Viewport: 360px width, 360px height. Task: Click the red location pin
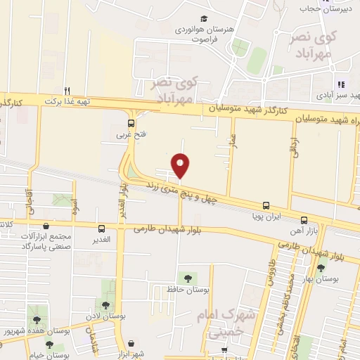coord(181,165)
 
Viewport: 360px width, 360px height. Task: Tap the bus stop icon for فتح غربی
coord(121,120)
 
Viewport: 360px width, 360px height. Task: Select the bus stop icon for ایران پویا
coord(266,205)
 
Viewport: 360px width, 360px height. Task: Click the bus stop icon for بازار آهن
coord(304,219)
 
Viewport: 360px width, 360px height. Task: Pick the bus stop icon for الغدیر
coord(102,229)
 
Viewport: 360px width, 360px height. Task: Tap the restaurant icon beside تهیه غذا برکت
coord(67,91)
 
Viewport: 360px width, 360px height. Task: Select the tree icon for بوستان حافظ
coord(186,278)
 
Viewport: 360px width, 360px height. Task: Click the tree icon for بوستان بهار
coord(321,268)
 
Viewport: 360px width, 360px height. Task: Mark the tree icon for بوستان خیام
coord(50,343)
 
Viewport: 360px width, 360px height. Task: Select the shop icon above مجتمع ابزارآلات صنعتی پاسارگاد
coord(46,226)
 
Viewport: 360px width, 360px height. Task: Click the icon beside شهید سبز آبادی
coord(340,84)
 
